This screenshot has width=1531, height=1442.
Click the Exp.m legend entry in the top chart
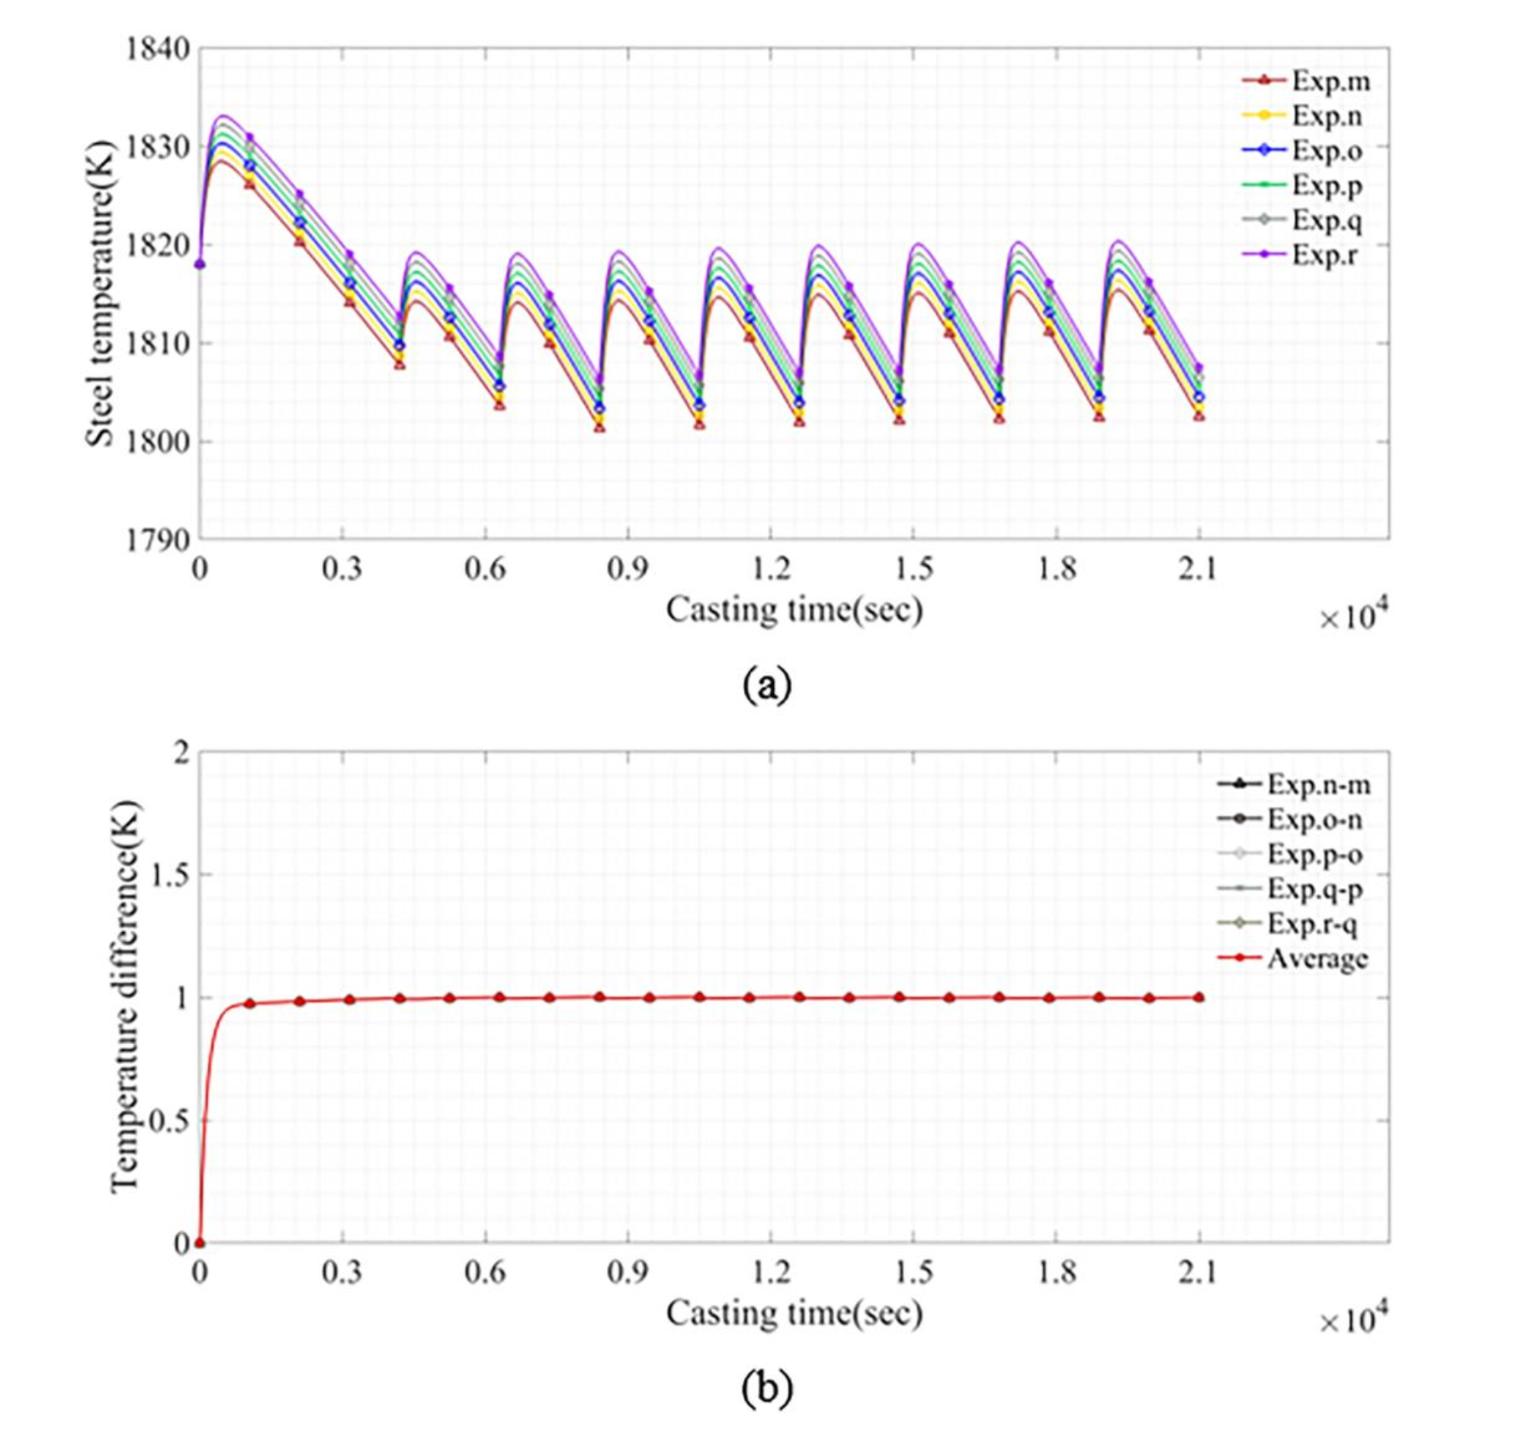(x=1330, y=81)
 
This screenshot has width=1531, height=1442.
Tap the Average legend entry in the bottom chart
(x=1316, y=959)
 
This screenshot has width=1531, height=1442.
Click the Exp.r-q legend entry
(x=1311, y=924)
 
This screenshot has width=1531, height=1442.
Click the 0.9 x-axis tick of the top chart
(x=627, y=570)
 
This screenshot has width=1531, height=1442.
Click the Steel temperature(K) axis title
(x=98, y=293)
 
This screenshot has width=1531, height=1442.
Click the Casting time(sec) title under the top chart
(x=794, y=610)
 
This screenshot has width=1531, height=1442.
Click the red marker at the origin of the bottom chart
(x=200, y=1242)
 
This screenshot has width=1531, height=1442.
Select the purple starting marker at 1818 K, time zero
(x=200, y=264)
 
